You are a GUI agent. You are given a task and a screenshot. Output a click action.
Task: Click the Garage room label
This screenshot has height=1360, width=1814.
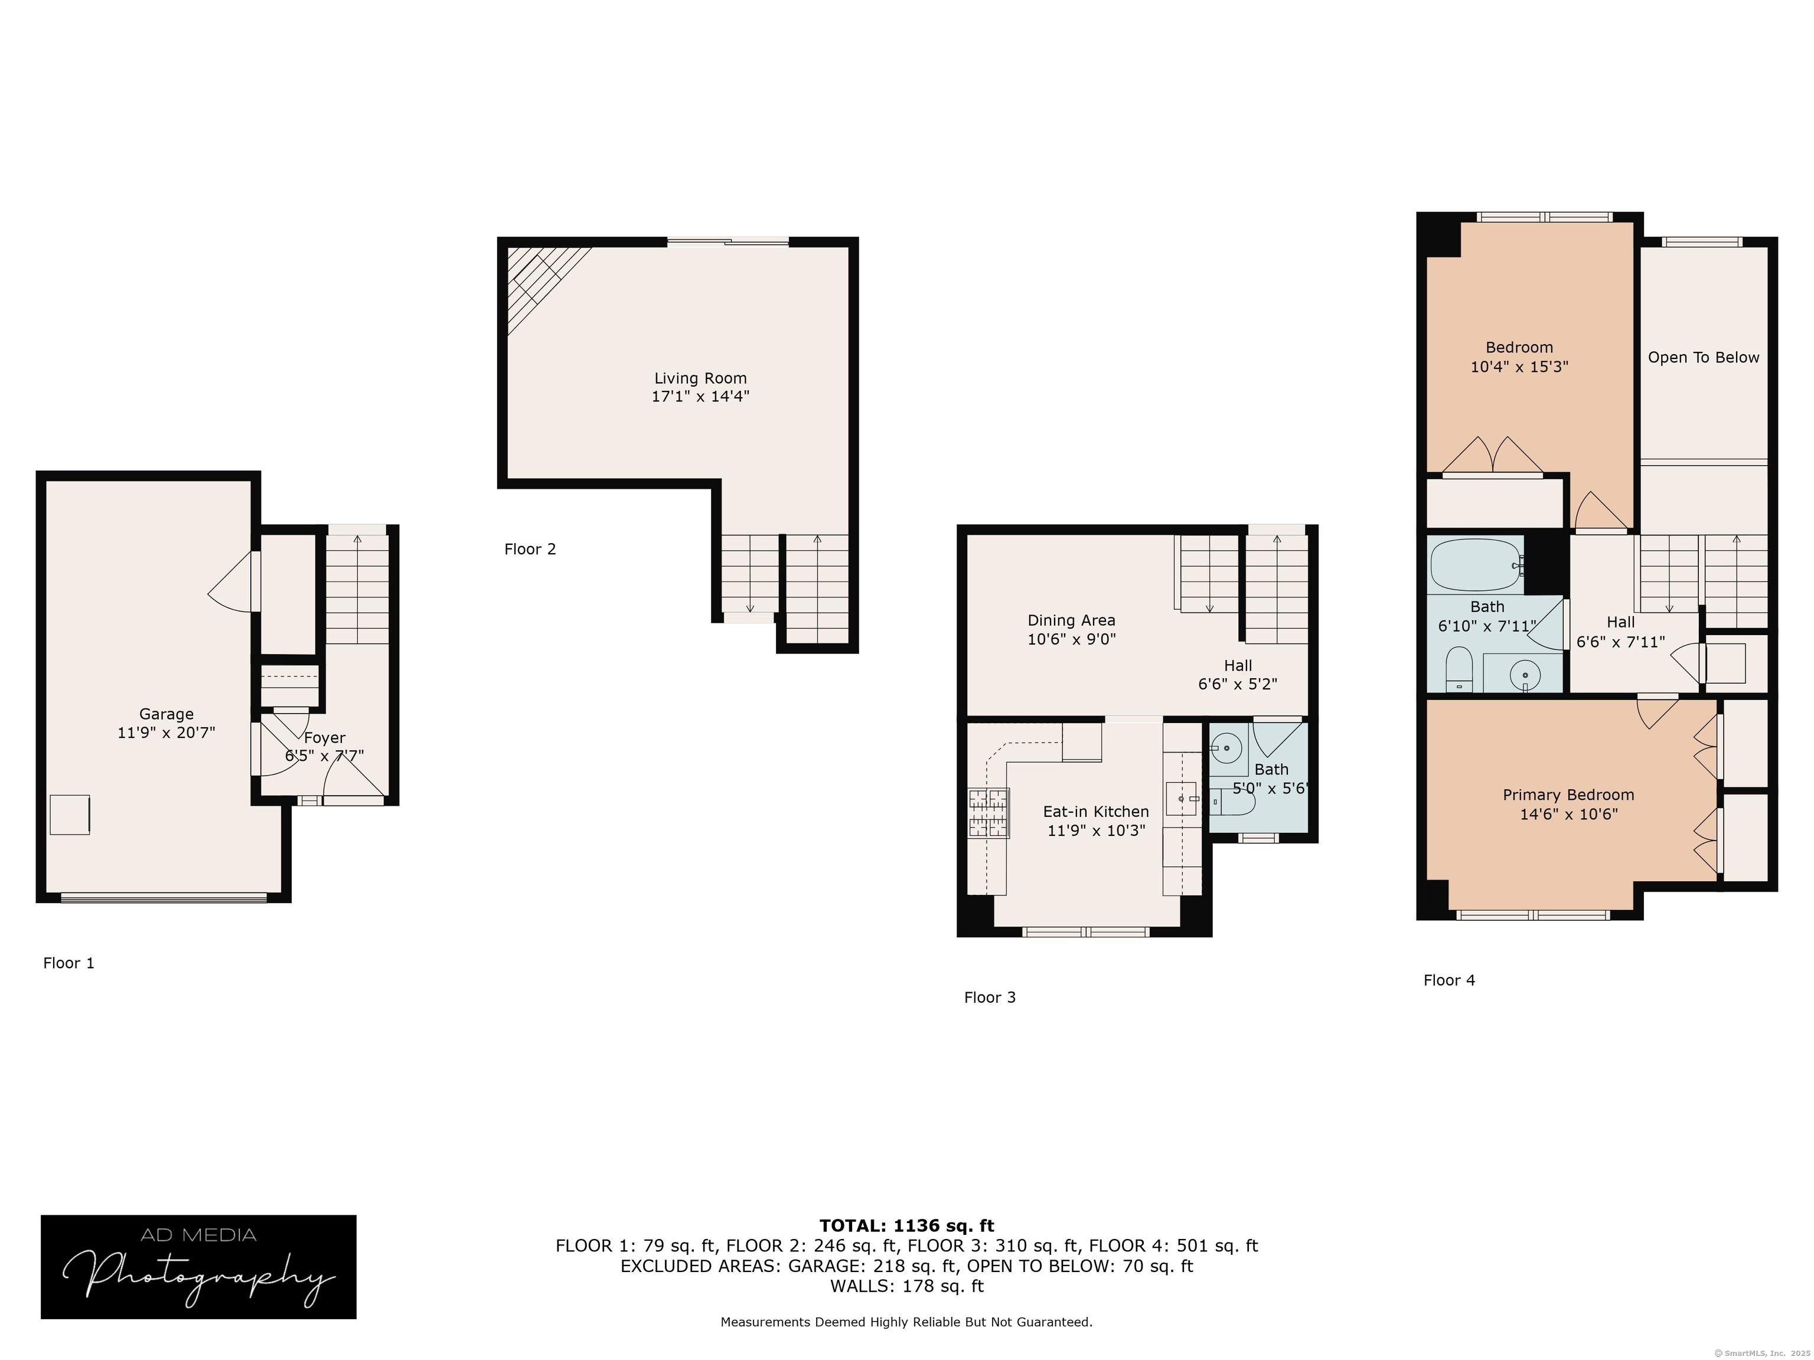[167, 714]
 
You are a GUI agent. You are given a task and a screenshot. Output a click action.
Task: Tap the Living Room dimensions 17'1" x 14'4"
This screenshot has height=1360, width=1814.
[700, 397]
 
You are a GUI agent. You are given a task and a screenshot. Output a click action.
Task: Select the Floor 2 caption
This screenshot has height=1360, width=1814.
[530, 549]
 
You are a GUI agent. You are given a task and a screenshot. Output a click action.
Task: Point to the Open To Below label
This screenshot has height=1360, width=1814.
[1704, 358]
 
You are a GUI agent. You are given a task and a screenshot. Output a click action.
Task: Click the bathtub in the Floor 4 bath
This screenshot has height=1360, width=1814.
[1475, 565]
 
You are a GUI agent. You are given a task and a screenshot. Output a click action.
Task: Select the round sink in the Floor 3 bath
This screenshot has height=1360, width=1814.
[1225, 748]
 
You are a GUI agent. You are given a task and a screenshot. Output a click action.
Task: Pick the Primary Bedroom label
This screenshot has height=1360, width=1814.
[1568, 795]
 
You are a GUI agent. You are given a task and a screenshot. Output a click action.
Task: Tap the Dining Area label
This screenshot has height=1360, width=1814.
[1071, 620]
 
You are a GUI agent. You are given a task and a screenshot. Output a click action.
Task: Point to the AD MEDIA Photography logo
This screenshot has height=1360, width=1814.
[198, 1267]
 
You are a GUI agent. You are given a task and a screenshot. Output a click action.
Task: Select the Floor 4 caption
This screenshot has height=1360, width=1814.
[1449, 980]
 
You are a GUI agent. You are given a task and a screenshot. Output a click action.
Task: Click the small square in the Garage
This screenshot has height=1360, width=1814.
[70, 815]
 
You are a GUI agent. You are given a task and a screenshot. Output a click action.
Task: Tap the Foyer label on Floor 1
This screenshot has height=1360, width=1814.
[325, 738]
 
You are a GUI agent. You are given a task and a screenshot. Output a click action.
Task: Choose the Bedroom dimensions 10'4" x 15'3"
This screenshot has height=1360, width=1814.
[1519, 367]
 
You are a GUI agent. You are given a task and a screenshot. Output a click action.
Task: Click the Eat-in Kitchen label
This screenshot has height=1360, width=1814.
[1095, 812]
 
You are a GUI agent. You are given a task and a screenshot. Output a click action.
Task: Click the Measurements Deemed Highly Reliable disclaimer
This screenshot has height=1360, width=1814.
[906, 1322]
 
